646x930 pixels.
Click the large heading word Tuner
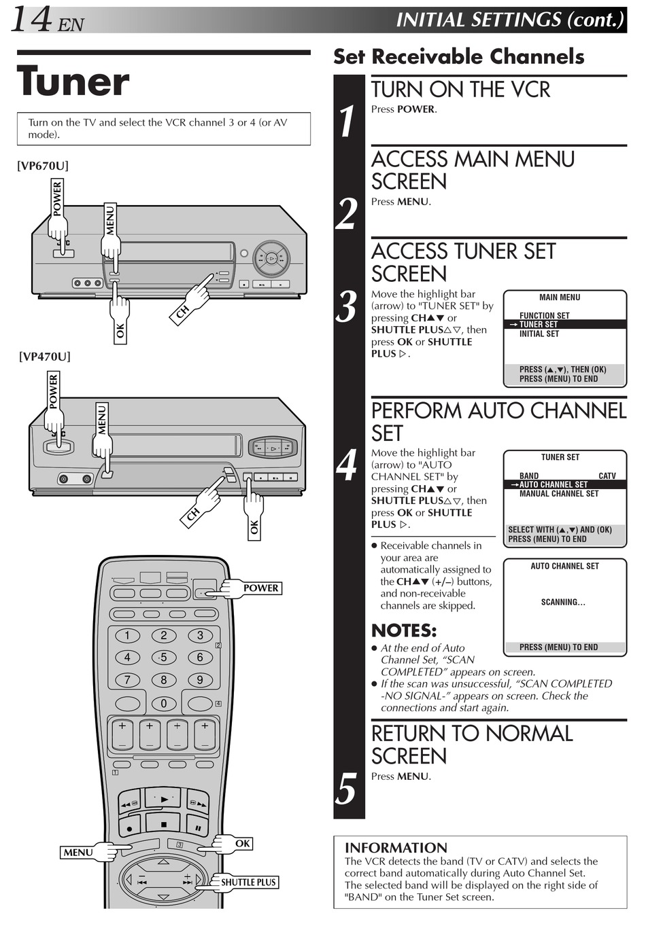click(x=73, y=82)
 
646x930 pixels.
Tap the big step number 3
click(x=347, y=307)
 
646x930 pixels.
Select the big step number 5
click(x=347, y=789)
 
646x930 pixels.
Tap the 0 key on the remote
click(x=163, y=704)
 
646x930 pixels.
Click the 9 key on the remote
click(x=200, y=680)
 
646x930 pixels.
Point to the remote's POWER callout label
click(x=260, y=588)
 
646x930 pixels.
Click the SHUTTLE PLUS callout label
click(x=248, y=882)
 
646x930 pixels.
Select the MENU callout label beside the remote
click(x=78, y=853)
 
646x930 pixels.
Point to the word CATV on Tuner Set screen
click(x=607, y=476)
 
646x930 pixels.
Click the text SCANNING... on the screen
click(x=563, y=603)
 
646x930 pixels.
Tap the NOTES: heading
click(x=404, y=630)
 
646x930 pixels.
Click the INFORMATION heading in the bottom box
click(x=396, y=848)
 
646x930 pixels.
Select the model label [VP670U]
click(x=43, y=166)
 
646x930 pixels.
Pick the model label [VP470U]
click(x=44, y=357)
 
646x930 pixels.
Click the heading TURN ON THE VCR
click(x=460, y=90)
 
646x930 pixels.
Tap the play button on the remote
click(x=163, y=800)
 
